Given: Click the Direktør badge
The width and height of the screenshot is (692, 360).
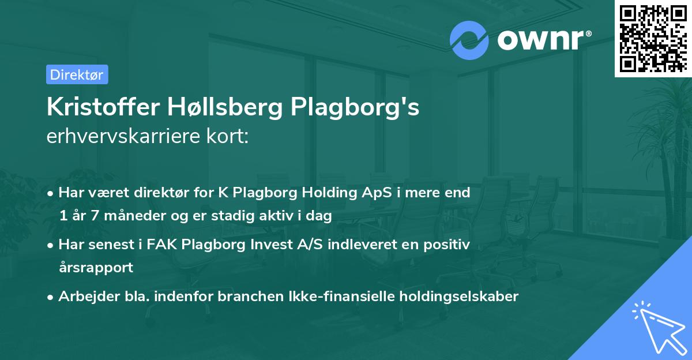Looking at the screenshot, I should [76, 74].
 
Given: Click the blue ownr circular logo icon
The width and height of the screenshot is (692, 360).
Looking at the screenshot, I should [469, 39].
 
